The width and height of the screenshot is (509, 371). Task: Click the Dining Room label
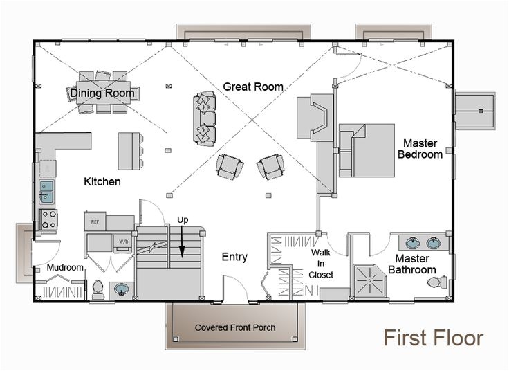[x=102, y=91]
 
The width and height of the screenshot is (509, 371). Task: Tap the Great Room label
[x=253, y=87]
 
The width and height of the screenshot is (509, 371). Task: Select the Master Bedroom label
[x=420, y=149]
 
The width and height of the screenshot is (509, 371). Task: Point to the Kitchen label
[x=102, y=182]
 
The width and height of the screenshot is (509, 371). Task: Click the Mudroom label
[x=65, y=268]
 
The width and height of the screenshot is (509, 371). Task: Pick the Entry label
[x=234, y=257]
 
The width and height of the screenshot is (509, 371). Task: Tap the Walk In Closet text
[x=322, y=263]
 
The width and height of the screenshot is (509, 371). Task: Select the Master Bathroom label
[x=411, y=264]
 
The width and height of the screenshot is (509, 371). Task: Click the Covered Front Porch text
[x=235, y=327]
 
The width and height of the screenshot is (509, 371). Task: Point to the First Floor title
[x=434, y=338]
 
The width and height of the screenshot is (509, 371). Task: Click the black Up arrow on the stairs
[x=182, y=246]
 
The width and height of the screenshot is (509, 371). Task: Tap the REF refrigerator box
[x=95, y=221]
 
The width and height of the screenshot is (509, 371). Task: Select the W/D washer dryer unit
[x=124, y=242]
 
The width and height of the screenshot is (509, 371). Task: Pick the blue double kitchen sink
[x=47, y=190]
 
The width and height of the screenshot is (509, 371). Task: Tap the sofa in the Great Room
[x=203, y=115]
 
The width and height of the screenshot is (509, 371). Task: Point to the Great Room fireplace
[x=314, y=118]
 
